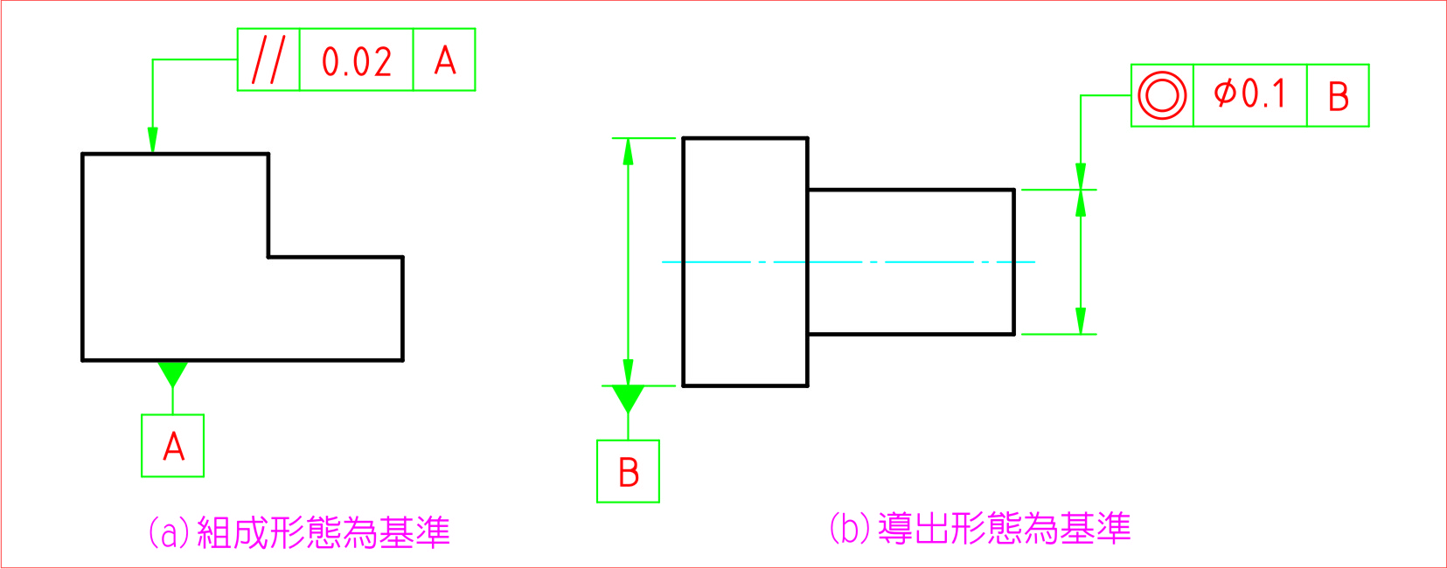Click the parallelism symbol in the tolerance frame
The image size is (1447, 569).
(x=268, y=59)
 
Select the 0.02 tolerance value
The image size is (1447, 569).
(x=356, y=61)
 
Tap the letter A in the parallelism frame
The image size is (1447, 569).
(x=445, y=60)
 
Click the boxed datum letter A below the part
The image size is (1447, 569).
(x=173, y=446)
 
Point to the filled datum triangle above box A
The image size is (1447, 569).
(x=172, y=372)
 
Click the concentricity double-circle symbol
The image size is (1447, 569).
(x=1162, y=95)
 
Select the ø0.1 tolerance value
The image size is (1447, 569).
(x=1250, y=94)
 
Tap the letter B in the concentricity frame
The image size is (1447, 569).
(x=1338, y=96)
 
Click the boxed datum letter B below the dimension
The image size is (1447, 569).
(x=628, y=472)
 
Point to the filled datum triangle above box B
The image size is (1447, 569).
(x=628, y=398)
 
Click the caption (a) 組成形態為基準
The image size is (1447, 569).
(x=299, y=532)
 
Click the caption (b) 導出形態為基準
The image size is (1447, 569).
(x=979, y=529)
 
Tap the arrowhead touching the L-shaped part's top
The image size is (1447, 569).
(x=153, y=141)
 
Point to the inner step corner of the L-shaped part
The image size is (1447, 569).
(x=268, y=257)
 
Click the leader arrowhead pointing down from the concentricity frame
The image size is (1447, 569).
(x=1081, y=176)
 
